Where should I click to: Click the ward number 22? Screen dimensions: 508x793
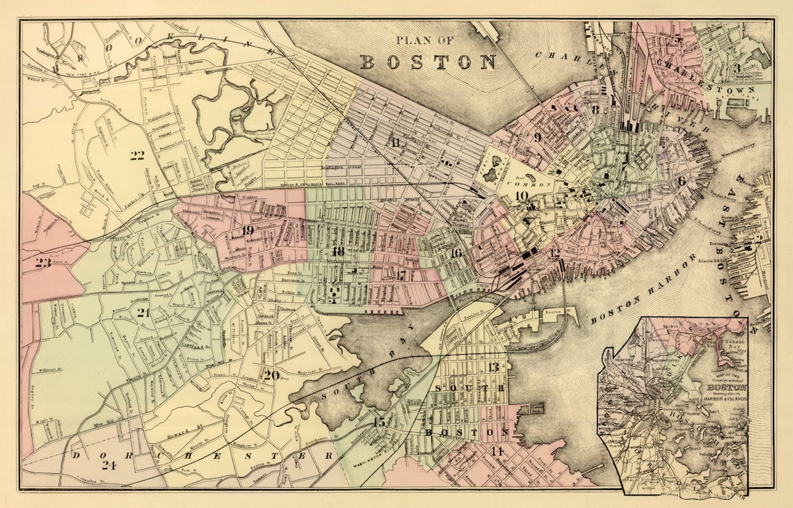coord(137,155)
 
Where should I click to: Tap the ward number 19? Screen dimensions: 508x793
coord(248,230)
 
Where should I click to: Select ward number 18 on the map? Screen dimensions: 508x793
coord(339,251)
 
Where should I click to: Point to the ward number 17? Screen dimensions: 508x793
coord(401,274)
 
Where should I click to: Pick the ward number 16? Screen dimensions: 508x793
coord(456,253)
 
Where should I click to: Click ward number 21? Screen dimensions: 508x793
coord(144,312)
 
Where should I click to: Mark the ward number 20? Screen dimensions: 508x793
coord(272,375)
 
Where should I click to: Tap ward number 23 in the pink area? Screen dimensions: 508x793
coord(43,262)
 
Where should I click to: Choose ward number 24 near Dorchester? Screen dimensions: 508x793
coord(108,465)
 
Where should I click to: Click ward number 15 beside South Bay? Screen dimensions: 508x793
coord(379,422)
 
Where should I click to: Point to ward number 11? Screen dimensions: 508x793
coord(396,143)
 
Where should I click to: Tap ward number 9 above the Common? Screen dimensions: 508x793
coord(537,137)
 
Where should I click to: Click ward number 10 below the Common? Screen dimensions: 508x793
coord(522,196)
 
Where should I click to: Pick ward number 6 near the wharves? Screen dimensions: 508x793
coord(682,181)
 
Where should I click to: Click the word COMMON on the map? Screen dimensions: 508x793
coord(532,184)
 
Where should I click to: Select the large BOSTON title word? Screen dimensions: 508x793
coord(427,61)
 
